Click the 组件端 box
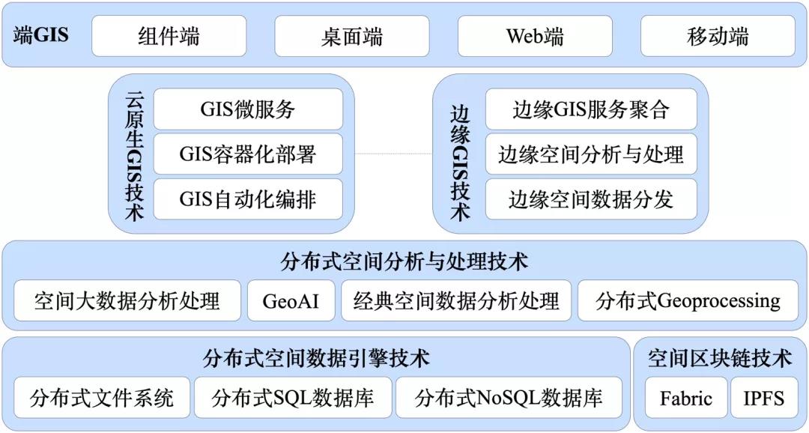(x=169, y=36)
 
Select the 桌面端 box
(x=352, y=36)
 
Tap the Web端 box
(x=535, y=36)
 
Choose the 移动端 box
(x=718, y=36)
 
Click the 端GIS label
(x=40, y=36)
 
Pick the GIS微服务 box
(x=248, y=109)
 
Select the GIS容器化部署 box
(x=248, y=154)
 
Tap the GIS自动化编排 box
(x=248, y=199)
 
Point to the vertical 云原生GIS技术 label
(x=135, y=156)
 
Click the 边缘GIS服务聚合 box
(x=591, y=109)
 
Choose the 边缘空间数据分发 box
(x=591, y=199)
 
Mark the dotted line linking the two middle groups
(x=393, y=154)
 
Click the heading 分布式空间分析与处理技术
(x=404, y=261)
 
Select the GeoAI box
(x=291, y=300)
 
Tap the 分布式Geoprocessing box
(x=688, y=300)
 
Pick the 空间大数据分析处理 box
(x=127, y=300)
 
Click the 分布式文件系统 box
(x=102, y=397)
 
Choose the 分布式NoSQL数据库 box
(x=509, y=397)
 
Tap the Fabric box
(x=686, y=397)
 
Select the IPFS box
(x=764, y=397)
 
